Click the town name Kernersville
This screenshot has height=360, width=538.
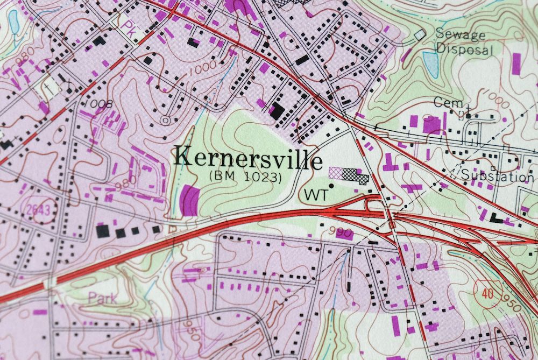(249, 158)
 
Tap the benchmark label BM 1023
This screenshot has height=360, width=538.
(245, 176)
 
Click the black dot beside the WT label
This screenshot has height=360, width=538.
(331, 186)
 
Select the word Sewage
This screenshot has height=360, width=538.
(460, 36)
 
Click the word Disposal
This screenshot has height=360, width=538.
(464, 50)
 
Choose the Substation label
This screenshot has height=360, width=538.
(498, 176)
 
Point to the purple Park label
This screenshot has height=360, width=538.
(102, 298)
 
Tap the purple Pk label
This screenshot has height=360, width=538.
(128, 26)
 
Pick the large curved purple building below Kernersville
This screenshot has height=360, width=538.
(189, 200)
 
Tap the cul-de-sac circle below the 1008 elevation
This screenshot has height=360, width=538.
(165, 119)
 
